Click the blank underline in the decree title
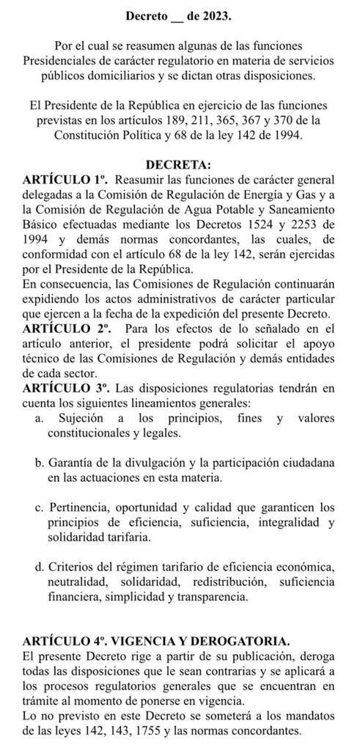point(172,16)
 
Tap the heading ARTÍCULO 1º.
point(65,180)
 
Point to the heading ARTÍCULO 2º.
point(65,329)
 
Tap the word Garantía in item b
point(72,464)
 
